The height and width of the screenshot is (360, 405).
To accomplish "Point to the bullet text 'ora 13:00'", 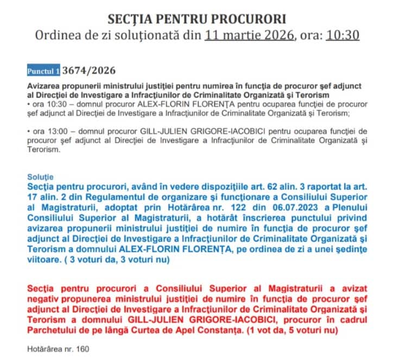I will [x=48, y=131].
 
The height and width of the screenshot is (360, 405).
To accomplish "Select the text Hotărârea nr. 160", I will [x=58, y=349].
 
